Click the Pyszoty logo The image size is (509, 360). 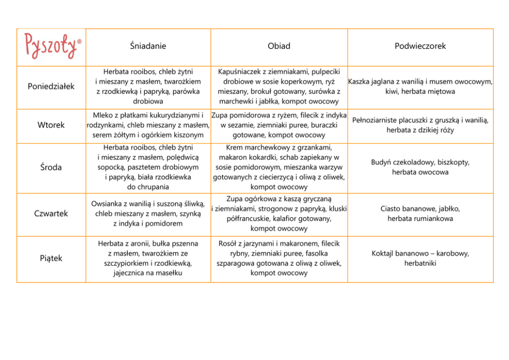tap(51, 46)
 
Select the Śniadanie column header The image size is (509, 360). tap(148, 46)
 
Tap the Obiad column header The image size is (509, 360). tap(279, 46)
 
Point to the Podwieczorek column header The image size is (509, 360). tap(420, 46)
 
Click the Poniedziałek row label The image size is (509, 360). tap(51, 86)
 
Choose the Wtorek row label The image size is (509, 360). tap(51, 125)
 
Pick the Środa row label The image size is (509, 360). tap(51, 167)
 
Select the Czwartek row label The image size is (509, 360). tap(51, 214)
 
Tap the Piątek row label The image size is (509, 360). tap(51, 258)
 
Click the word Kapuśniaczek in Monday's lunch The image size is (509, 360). tap(239, 72)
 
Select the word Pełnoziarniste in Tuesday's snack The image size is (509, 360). tap(376, 120)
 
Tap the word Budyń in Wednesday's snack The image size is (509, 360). tap(382, 162)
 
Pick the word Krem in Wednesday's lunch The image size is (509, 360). tap(234, 148)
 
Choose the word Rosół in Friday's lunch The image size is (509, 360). tap(228, 243)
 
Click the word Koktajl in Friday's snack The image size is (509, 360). tap(384, 254)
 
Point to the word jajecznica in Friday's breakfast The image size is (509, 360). tap(131, 273)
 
